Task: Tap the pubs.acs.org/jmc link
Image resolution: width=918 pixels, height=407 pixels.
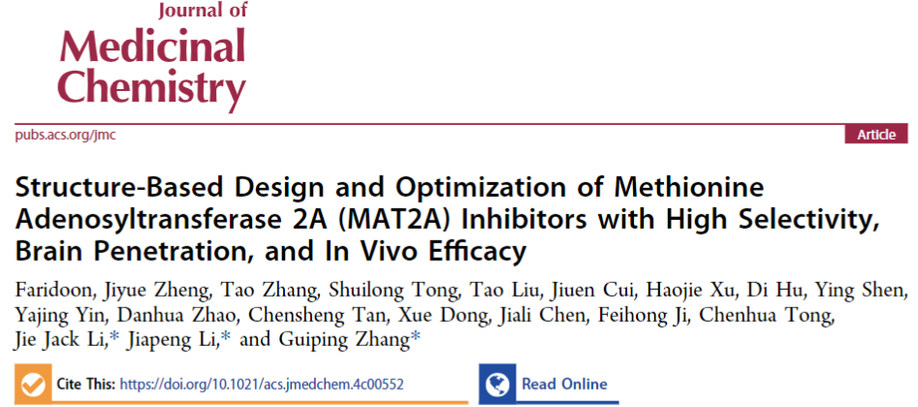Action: (x=65, y=135)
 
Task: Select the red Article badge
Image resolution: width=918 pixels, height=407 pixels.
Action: (x=876, y=135)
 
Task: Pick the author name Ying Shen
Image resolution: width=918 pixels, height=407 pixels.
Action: (x=869, y=292)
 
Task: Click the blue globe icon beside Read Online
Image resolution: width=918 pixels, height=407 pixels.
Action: (x=500, y=384)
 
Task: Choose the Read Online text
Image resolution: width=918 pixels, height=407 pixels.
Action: (x=564, y=384)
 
